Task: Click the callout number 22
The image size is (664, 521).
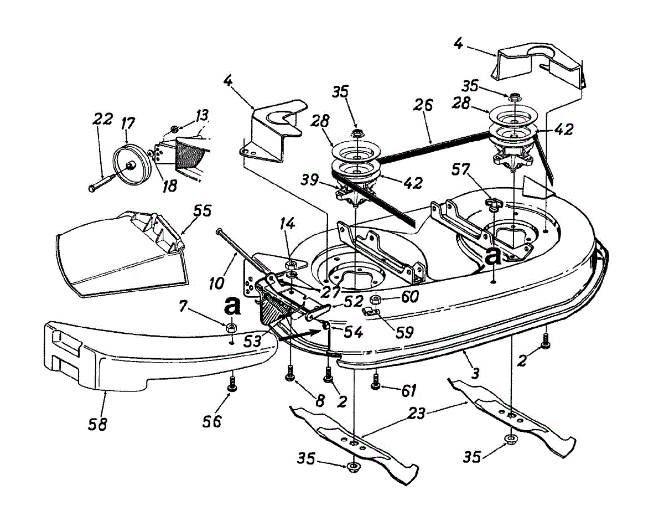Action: [103, 119]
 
